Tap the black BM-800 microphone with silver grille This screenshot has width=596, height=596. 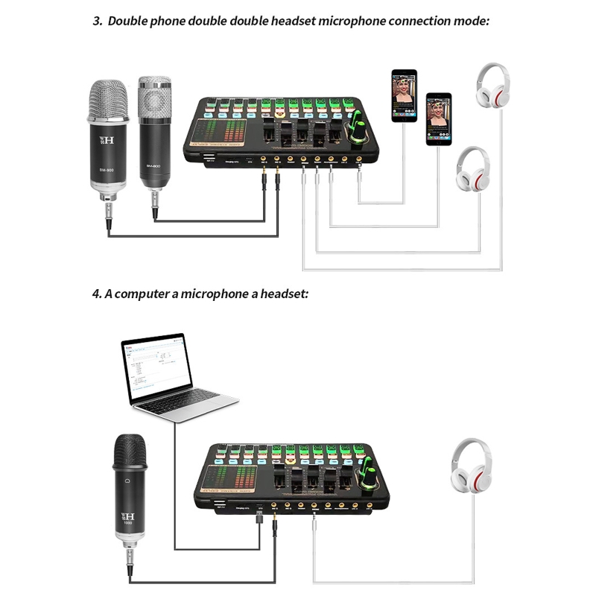coord(154,138)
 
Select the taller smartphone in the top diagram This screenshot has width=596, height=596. coord(405,95)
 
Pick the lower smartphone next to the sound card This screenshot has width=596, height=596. coord(439,119)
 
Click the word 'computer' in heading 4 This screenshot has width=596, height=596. coord(137,294)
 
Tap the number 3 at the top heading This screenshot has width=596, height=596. coord(97,20)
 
